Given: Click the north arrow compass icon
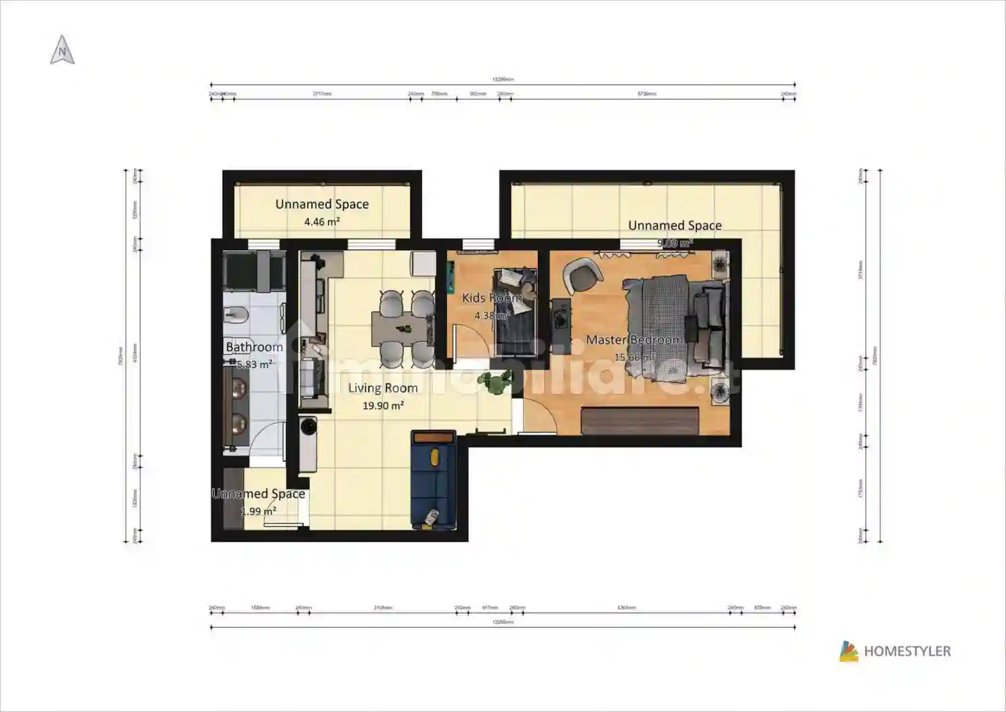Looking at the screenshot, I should pos(62,51).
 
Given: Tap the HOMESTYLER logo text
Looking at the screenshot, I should pos(907,652).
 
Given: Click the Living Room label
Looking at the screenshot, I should pos(383,388).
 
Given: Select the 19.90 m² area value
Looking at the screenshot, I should pos(383,406).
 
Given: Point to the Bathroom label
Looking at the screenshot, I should pos(254,347).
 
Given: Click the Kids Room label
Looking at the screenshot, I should pos(492,298).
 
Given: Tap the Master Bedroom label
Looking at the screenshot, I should pos(634,340).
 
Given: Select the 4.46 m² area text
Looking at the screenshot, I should pos(322,222).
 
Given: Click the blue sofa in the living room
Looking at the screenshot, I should pos(433,479).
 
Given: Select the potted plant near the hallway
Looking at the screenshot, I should pos(499,382).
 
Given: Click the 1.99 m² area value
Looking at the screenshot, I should pos(258,511).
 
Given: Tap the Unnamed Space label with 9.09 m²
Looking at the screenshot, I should pos(674,225).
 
